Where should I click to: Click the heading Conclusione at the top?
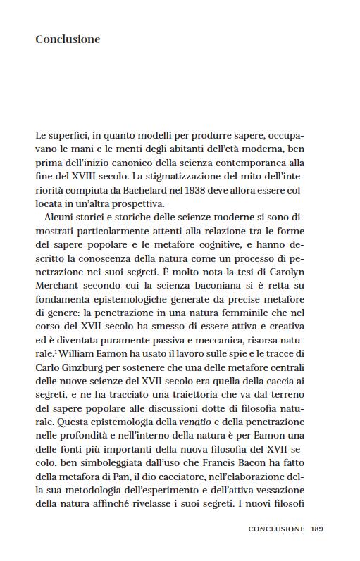(68, 39)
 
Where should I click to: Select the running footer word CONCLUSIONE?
(276, 529)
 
